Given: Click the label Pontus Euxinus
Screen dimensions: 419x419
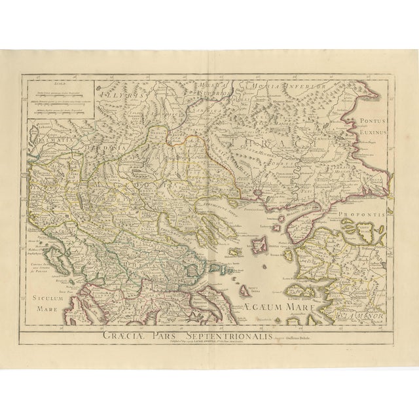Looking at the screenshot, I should click(373, 127).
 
